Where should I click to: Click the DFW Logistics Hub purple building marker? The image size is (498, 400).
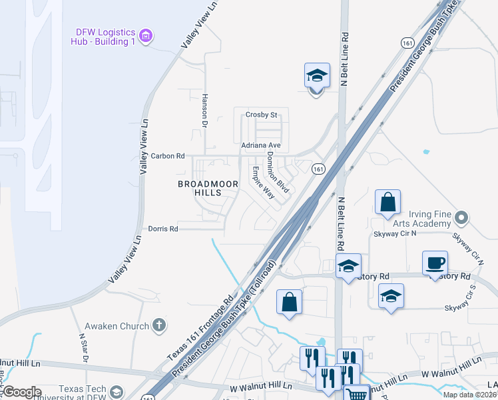(x=148, y=34)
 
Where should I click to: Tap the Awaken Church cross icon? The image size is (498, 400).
(x=158, y=325)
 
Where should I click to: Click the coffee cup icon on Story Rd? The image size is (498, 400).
(x=435, y=263)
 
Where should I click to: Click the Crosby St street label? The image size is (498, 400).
(x=261, y=115)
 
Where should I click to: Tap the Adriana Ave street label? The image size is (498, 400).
(x=261, y=145)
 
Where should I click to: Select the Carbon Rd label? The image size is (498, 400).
(x=167, y=156)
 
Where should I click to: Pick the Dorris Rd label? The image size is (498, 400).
(x=163, y=229)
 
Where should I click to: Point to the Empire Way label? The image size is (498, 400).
(x=263, y=182)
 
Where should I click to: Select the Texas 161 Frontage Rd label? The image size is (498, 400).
(x=202, y=327)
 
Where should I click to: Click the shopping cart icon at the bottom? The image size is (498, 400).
(x=358, y=393)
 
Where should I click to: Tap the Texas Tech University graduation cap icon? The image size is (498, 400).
(x=117, y=392)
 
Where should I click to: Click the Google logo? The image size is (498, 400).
(x=22, y=392)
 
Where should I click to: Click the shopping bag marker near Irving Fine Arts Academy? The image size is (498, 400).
(x=387, y=202)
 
